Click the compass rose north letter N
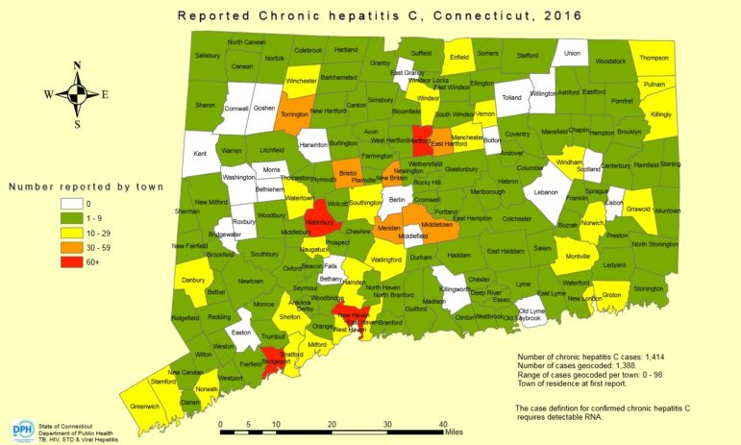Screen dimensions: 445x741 [76, 66]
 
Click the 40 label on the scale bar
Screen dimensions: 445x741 [443, 423]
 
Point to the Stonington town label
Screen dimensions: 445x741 [648, 288]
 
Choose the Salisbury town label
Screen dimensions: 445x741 [208, 56]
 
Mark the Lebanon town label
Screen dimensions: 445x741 [546, 192]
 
